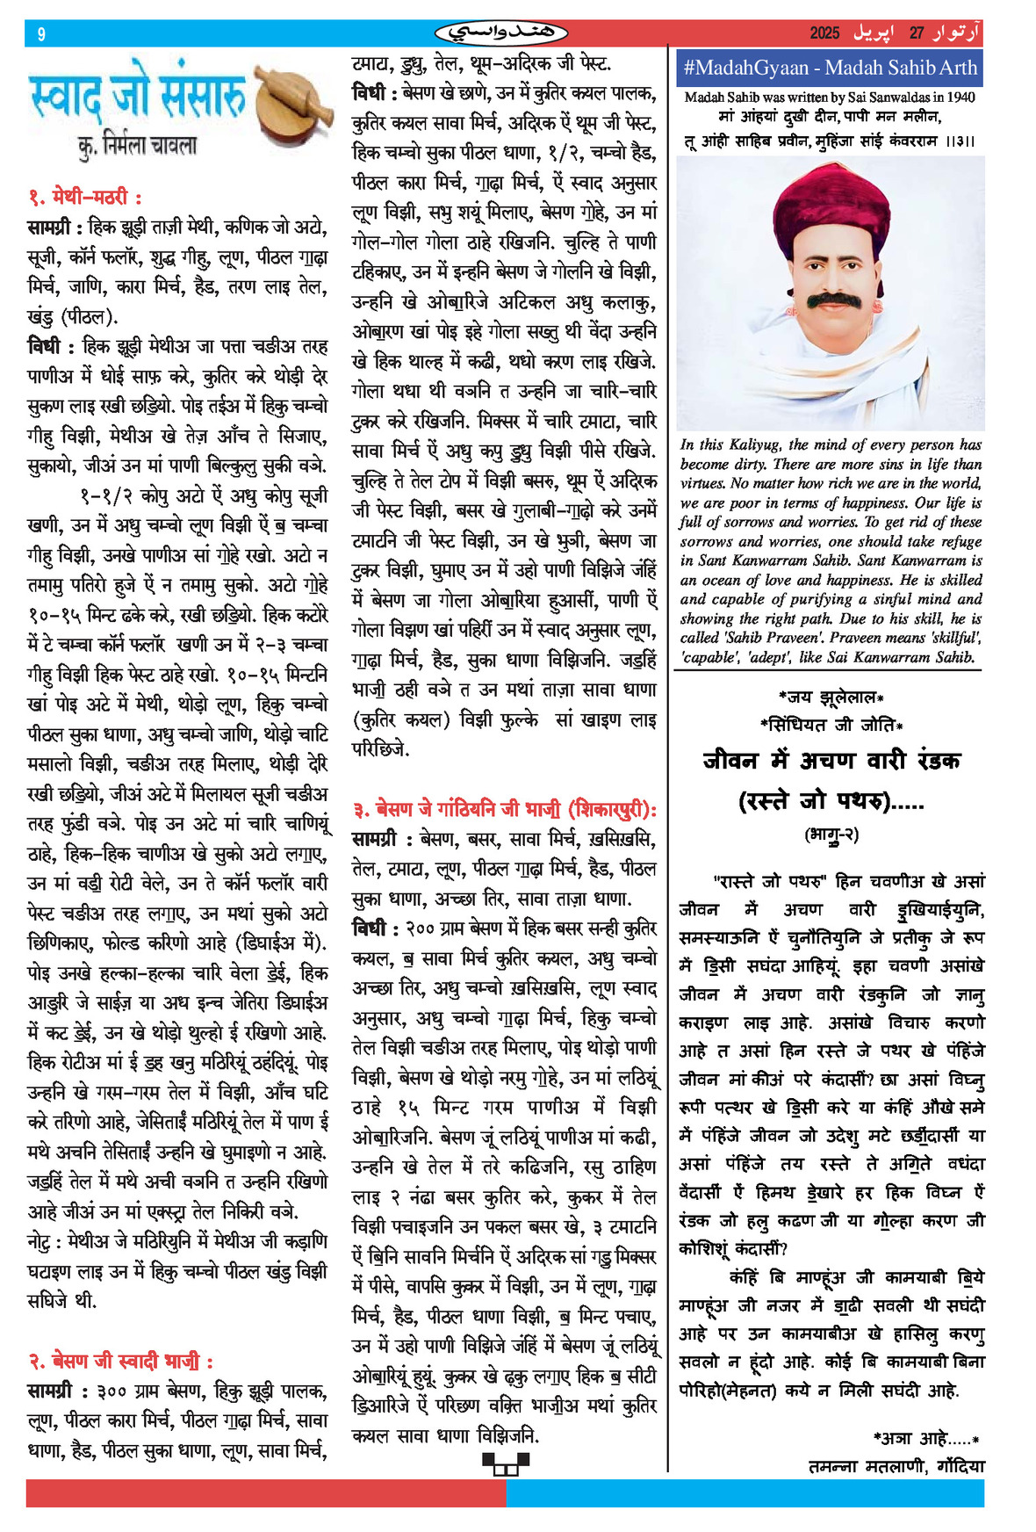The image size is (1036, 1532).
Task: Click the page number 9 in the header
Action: click(41, 34)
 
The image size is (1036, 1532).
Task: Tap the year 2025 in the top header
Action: click(824, 33)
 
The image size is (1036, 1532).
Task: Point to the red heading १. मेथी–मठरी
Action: click(85, 196)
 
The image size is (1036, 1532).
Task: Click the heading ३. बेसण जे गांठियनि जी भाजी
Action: click(504, 809)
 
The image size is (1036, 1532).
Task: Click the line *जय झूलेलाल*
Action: click(831, 697)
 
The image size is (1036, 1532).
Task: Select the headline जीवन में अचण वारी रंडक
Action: click(831, 759)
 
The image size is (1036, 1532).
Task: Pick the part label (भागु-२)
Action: click(831, 835)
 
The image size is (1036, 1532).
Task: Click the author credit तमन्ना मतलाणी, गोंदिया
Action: click(896, 1466)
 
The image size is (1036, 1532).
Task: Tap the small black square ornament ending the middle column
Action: click(505, 1462)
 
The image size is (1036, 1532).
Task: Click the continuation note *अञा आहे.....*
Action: click(925, 1438)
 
